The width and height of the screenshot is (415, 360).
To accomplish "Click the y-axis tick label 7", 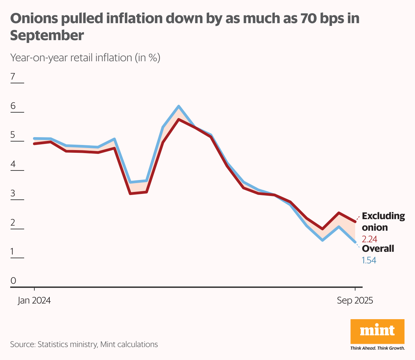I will (13, 77).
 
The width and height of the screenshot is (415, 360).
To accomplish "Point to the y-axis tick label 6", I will (13, 106).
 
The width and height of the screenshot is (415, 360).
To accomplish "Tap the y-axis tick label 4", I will (13, 164).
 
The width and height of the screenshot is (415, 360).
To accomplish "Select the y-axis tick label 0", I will (13, 281).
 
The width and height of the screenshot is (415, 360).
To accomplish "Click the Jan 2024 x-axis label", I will (34, 300).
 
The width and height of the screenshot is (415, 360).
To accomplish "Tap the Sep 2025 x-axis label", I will (355, 300).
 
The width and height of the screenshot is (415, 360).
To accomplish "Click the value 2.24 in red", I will (369, 239).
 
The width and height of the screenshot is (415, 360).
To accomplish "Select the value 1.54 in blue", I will (369, 260).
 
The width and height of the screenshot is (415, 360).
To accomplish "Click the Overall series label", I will (378, 249).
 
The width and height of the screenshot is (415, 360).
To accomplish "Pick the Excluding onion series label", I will (383, 222).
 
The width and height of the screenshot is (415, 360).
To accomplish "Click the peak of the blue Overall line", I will (179, 107).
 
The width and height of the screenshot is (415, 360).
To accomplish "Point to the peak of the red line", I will (179, 119).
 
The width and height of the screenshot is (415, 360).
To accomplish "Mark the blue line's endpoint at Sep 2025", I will (355, 242).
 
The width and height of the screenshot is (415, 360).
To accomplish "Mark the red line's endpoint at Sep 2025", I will (355, 222).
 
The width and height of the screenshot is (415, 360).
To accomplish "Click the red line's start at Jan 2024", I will (34, 144).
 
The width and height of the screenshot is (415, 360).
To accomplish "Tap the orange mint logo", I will (377, 331).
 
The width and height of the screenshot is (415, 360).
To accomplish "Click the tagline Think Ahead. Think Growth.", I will (377, 348).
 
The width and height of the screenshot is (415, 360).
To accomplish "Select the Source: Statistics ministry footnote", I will (84, 344).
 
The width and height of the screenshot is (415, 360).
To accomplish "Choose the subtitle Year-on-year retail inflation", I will (85, 58).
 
